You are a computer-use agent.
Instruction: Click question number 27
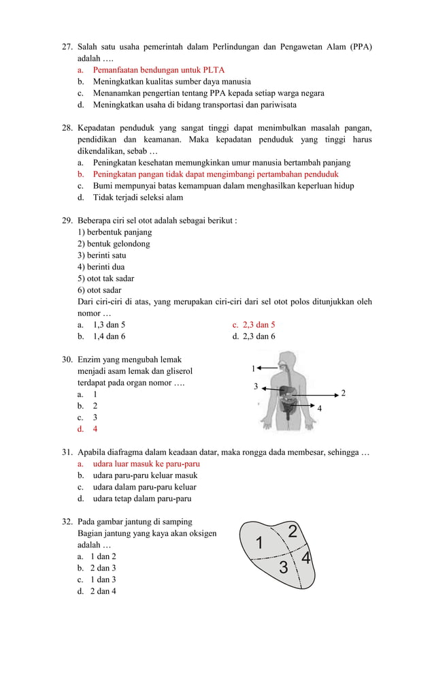point(67,46)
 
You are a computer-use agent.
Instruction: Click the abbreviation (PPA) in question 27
point(361,46)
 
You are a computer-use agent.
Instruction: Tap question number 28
point(67,128)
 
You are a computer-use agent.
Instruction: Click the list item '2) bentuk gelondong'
point(114,244)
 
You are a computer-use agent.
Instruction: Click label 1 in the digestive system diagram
point(254,368)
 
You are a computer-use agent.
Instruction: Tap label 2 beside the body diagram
point(343,394)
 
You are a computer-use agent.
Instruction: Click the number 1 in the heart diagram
point(258,544)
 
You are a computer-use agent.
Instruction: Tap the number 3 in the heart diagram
point(283,568)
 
